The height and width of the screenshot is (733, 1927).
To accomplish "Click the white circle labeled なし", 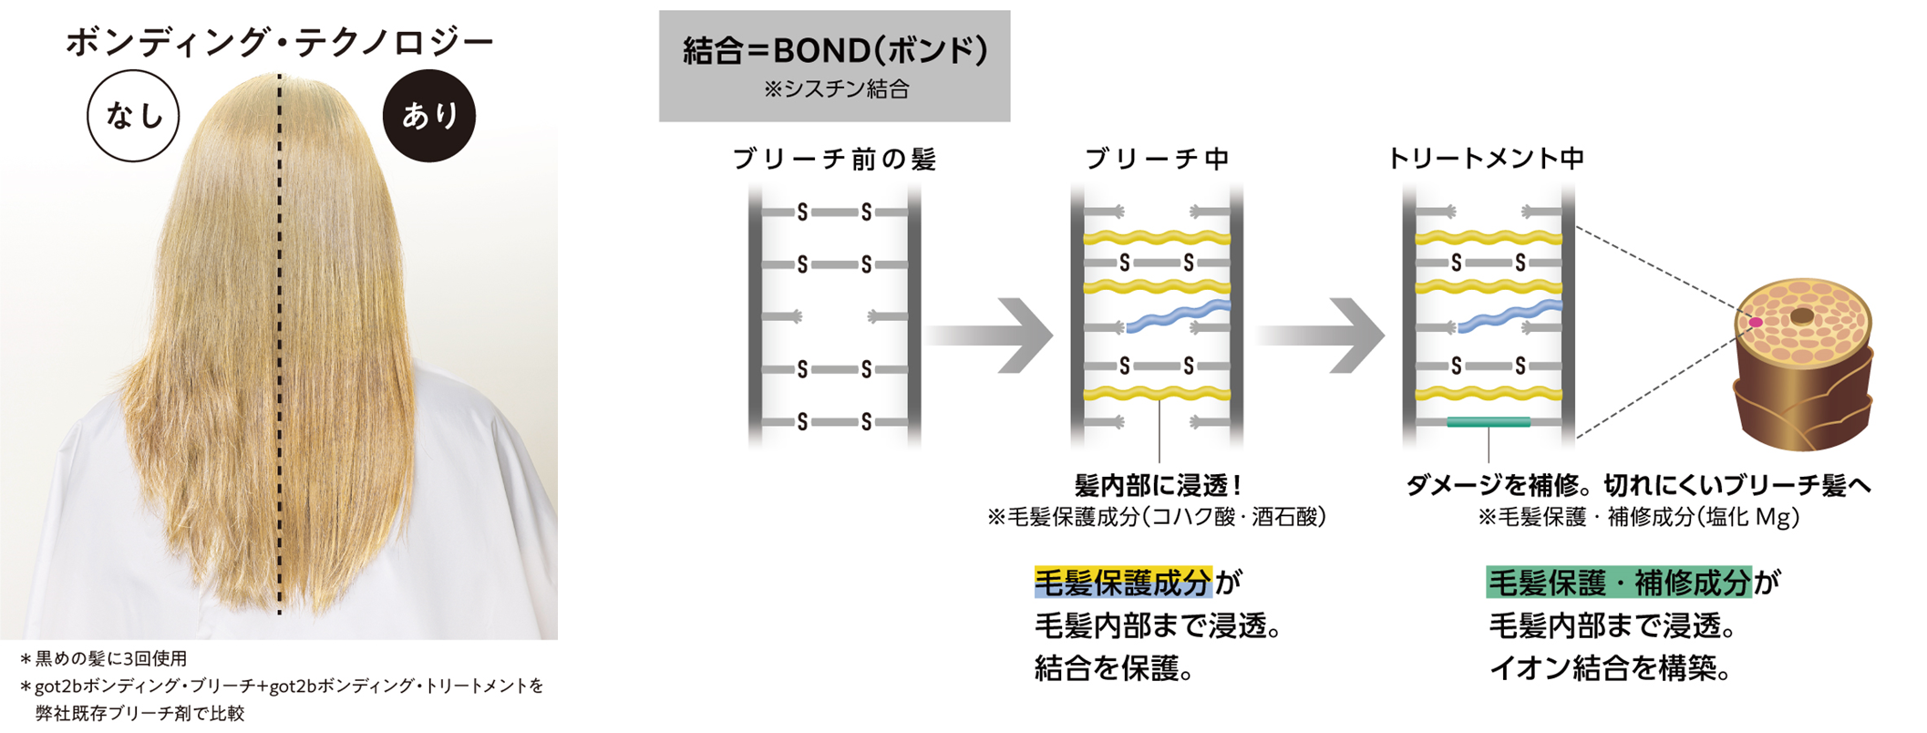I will pos(133,116).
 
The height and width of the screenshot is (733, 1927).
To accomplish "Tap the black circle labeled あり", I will pos(428,116).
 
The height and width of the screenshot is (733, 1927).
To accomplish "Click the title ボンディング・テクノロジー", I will pos(279,43).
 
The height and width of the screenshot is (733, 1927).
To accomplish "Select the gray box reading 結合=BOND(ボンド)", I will pos(834,65).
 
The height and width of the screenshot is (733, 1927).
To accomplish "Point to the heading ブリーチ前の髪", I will pos(834,160).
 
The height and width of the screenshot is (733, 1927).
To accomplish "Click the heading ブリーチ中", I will pos(1157,160).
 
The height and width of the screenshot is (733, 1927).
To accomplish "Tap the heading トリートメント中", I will pos(1486,159).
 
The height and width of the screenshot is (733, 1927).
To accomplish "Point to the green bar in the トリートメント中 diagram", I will pos(1488,421).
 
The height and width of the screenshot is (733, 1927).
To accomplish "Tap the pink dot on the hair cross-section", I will pos(1755,322).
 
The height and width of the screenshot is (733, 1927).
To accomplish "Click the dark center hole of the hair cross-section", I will pos(1802,316).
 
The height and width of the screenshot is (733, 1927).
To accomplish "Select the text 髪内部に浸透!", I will pos(1158,485).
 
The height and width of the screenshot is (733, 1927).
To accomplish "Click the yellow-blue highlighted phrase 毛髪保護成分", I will pos(1123,582).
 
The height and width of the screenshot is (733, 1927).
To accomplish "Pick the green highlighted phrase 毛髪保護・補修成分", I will pos(1619,582).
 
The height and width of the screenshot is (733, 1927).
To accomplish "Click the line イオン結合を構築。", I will pos(1610,669).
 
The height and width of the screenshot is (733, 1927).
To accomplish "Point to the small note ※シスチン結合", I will pos(836,89).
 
